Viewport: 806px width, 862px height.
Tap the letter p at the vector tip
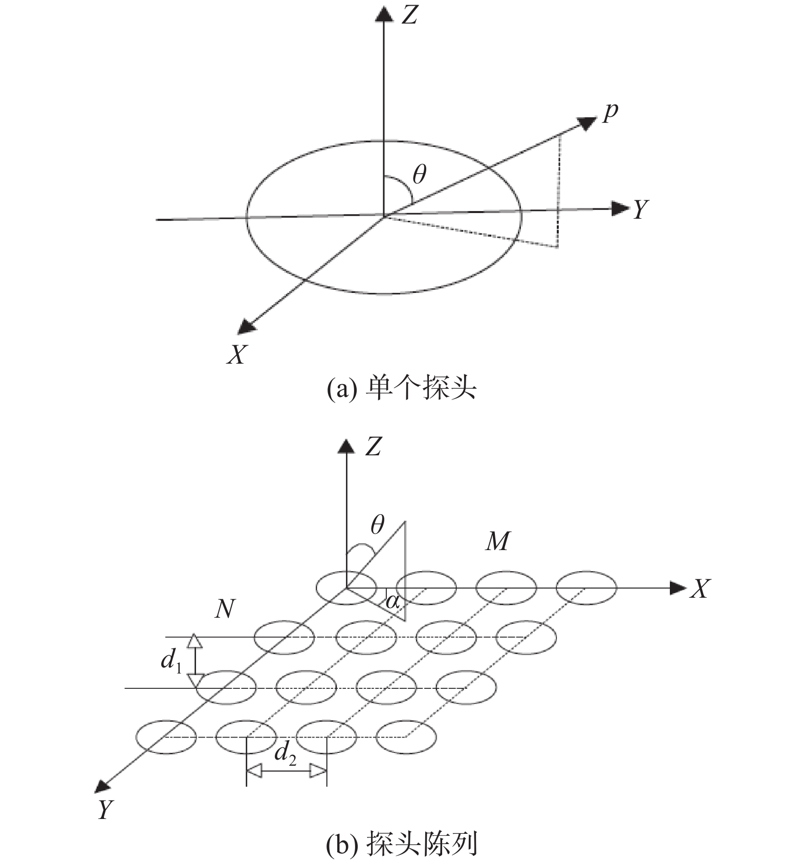(x=610, y=112)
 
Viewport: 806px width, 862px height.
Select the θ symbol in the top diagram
(x=419, y=174)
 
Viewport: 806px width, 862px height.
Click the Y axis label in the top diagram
(x=640, y=209)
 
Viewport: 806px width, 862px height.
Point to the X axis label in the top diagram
(x=237, y=353)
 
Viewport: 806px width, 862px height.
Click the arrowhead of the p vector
(x=587, y=123)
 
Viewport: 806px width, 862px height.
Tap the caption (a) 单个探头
(x=402, y=388)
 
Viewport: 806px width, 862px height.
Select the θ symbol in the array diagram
(x=378, y=524)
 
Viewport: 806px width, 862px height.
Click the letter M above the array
(x=497, y=541)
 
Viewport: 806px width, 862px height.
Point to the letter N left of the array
(x=225, y=609)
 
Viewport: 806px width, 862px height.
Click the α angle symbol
(x=393, y=601)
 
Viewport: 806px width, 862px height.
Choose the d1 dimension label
(x=171, y=661)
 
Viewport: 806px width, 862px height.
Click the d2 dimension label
(x=285, y=754)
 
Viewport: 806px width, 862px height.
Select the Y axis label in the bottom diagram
(x=105, y=810)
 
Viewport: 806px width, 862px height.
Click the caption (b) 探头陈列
(x=402, y=844)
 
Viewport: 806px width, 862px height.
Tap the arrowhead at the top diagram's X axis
(x=247, y=326)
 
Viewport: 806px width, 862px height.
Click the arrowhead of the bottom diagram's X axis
(x=678, y=588)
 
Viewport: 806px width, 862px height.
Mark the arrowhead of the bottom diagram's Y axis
(x=104, y=786)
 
